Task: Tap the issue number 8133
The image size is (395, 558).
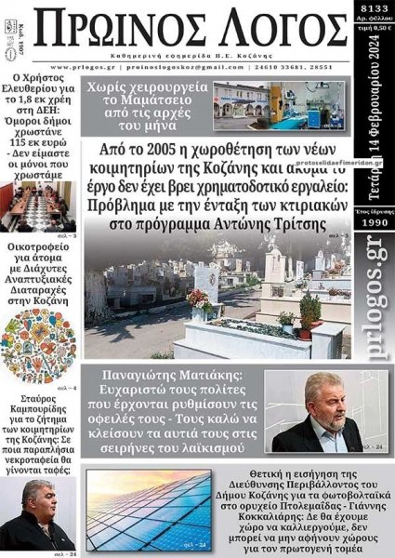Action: pyautogui.click(x=375, y=7)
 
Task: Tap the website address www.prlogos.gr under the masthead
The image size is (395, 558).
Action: pyautogui.click(x=84, y=67)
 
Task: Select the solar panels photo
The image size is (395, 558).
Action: pyautogui.click(x=148, y=511)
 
